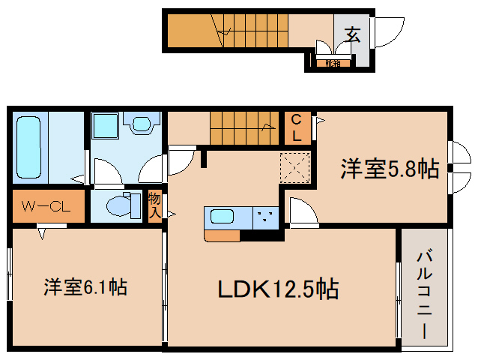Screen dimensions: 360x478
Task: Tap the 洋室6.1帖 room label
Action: (85, 286)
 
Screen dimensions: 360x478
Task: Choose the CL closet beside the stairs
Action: (297, 127)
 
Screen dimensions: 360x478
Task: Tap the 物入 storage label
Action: (155, 205)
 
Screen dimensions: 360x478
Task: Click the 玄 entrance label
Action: (351, 33)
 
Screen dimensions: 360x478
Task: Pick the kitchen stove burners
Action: (265, 217)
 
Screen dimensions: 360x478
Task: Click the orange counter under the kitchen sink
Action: (222, 236)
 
